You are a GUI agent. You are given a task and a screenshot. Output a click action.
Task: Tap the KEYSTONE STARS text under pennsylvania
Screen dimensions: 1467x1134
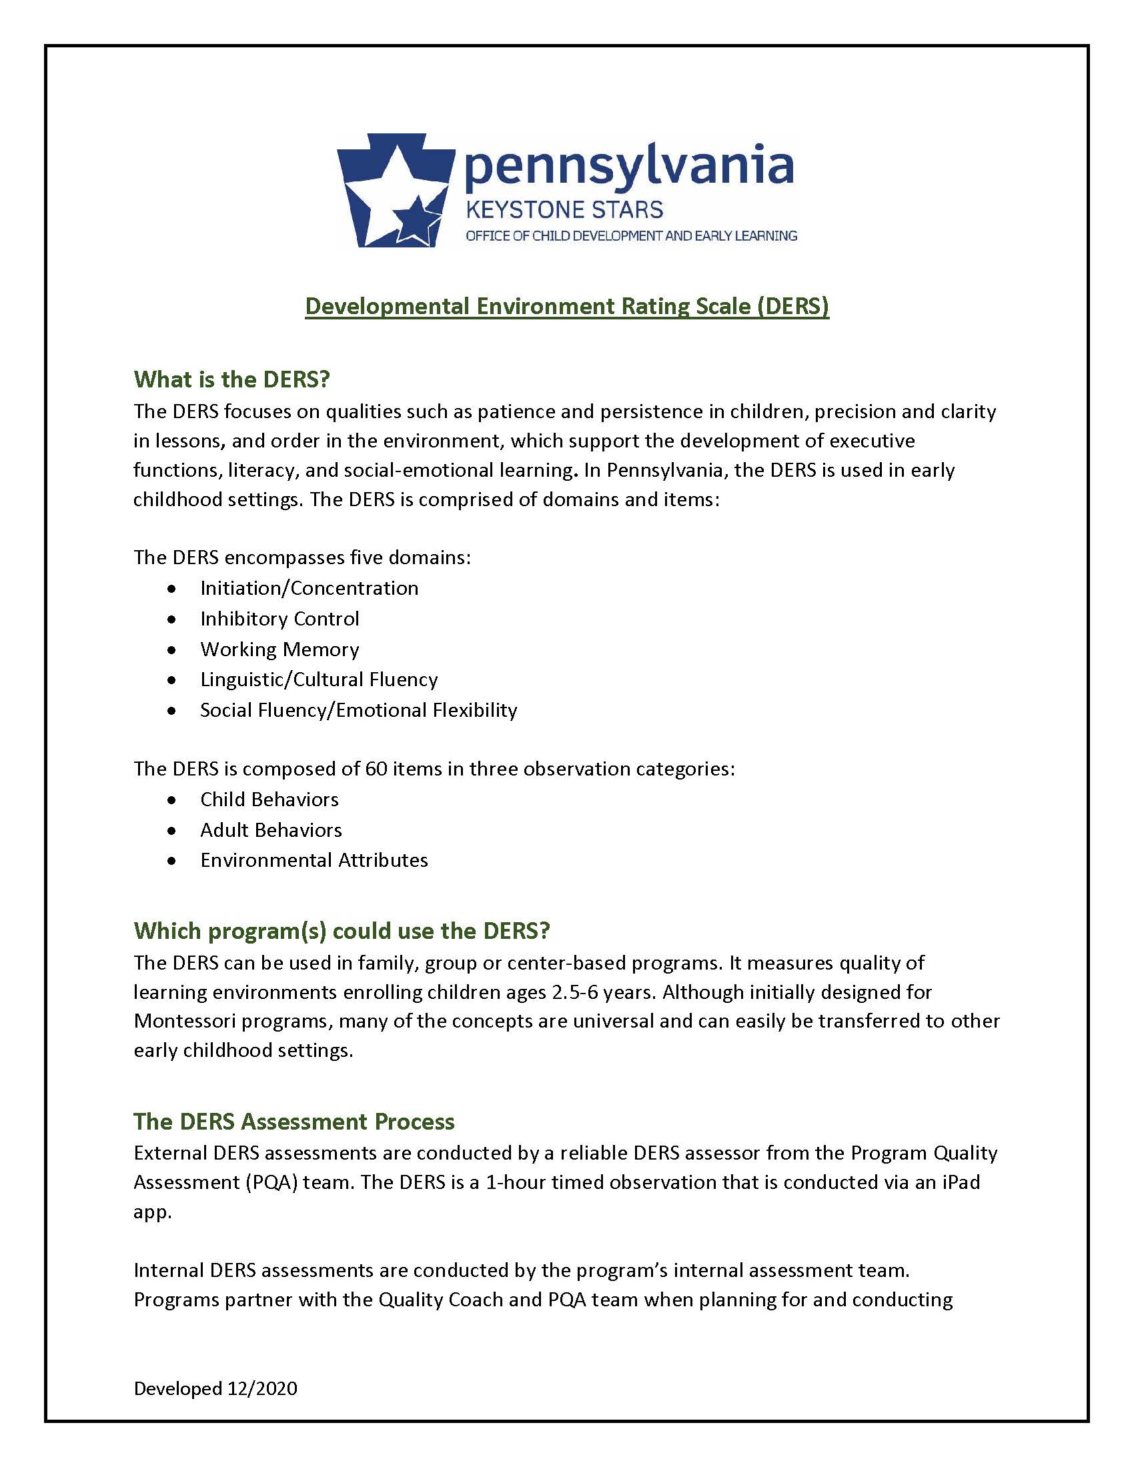pos(564,209)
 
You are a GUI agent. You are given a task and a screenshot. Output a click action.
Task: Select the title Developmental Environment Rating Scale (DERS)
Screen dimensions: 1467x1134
pos(567,306)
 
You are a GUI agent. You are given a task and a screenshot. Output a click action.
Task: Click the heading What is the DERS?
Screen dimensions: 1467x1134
pos(231,379)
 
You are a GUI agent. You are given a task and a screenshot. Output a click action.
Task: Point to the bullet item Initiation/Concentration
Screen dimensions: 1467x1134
pos(309,587)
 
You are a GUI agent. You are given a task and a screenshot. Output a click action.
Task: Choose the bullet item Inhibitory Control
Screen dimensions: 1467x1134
pos(279,618)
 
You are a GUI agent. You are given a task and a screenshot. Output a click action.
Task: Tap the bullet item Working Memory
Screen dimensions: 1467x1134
pos(279,649)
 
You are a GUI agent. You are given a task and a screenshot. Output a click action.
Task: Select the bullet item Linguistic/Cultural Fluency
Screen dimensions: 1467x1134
pos(318,679)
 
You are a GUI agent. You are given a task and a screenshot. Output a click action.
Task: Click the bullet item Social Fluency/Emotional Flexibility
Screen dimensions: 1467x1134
pos(359,710)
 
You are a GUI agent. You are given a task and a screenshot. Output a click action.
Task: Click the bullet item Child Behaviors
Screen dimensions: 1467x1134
pos(269,800)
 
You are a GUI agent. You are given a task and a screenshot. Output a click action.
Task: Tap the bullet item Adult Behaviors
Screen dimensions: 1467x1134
pos(271,830)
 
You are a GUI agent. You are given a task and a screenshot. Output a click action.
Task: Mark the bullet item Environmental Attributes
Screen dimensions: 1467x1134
pos(314,860)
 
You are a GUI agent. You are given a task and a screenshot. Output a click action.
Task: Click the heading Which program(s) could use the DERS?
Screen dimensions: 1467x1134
pos(342,930)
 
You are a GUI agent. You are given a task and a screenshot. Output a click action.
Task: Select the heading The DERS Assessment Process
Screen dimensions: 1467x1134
pos(294,1121)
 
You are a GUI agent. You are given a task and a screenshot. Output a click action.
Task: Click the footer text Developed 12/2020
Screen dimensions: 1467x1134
pos(215,1388)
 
